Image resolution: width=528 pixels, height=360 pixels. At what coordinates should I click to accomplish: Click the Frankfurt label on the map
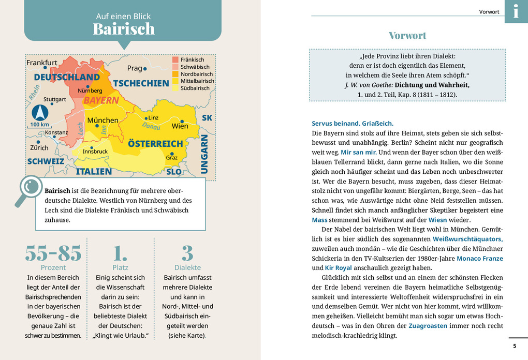click(42, 63)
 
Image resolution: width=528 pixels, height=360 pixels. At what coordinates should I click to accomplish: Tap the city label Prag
click(135, 68)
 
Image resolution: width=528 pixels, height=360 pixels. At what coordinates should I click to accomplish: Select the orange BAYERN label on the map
click(101, 100)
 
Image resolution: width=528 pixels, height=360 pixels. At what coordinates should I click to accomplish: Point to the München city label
click(102, 121)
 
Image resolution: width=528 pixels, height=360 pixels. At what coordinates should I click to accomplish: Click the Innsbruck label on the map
click(95, 152)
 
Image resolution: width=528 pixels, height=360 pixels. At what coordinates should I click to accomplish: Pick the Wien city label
click(180, 126)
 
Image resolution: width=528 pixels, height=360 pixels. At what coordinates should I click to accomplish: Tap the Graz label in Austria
click(172, 158)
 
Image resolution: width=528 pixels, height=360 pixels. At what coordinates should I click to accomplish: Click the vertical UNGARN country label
click(204, 154)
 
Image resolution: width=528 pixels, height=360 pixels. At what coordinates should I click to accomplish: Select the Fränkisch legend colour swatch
click(175, 59)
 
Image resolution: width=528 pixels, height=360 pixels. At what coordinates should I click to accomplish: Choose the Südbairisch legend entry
click(195, 88)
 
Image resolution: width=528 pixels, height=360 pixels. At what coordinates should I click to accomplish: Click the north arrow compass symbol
click(39, 112)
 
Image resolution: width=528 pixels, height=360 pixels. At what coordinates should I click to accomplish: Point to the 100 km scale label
click(40, 125)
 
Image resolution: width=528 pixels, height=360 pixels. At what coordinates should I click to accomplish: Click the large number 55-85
click(53, 253)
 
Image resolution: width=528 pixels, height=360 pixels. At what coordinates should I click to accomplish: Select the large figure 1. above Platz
click(120, 253)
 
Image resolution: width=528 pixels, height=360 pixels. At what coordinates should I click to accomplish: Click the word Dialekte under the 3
click(187, 267)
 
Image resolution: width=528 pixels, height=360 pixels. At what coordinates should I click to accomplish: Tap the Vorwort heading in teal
click(408, 36)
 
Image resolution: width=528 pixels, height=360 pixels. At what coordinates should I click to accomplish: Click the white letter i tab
click(516, 11)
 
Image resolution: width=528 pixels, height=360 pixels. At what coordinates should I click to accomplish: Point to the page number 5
click(514, 346)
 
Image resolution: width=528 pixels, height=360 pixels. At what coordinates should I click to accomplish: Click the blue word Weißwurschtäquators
click(467, 239)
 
